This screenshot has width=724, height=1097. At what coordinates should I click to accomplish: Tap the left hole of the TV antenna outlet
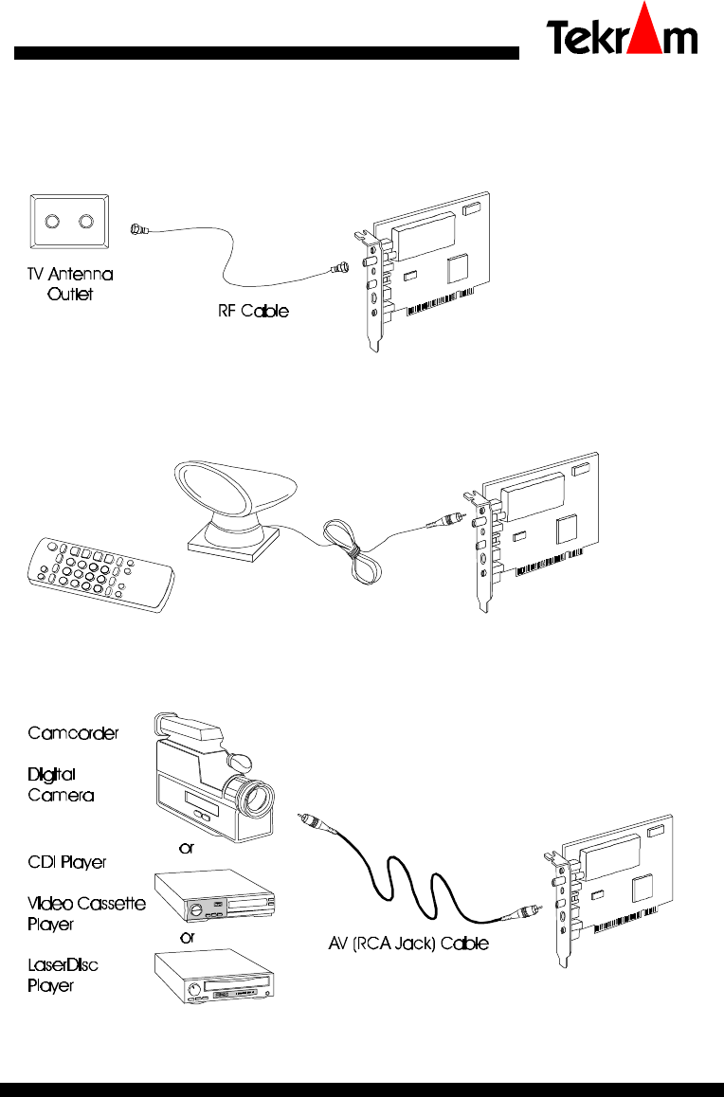tap(54, 224)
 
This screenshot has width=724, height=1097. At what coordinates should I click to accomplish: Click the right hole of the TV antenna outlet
tap(87, 224)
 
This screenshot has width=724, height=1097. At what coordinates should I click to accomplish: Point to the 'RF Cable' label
tap(245, 310)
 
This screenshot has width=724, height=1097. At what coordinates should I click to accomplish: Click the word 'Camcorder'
tap(73, 733)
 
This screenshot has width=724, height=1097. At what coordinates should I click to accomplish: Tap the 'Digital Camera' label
tap(60, 785)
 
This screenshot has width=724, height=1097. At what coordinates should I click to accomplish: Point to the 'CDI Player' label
tap(66, 862)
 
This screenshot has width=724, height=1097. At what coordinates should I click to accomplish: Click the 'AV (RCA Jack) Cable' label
tap(401, 944)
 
